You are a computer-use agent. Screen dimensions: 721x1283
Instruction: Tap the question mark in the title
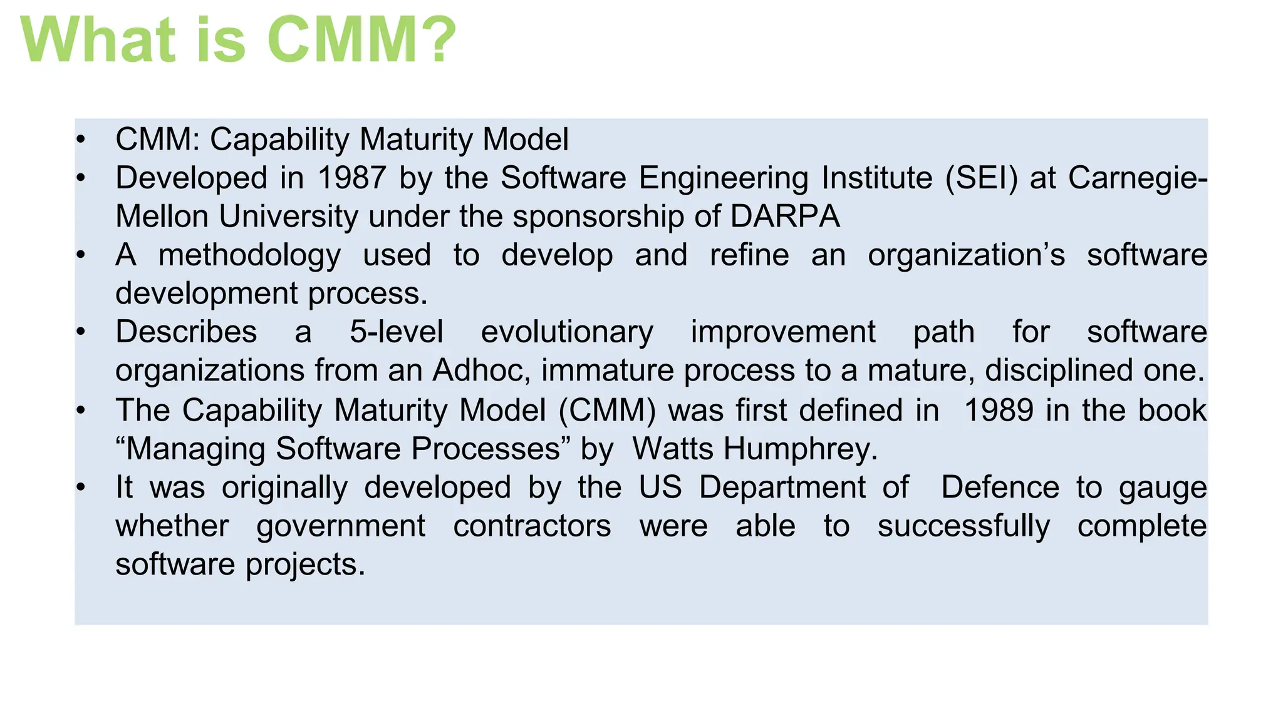435,40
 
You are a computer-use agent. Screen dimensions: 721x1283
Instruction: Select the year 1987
351,178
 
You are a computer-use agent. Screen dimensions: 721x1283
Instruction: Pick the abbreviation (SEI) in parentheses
982,178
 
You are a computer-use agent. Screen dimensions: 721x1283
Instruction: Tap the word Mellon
162,217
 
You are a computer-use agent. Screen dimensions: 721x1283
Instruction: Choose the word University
289,217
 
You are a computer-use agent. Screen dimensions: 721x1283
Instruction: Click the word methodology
249,256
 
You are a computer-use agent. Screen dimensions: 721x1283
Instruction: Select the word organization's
966,255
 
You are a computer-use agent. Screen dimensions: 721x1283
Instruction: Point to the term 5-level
396,332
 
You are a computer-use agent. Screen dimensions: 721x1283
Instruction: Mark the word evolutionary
567,332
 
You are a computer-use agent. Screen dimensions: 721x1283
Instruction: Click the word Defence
1000,487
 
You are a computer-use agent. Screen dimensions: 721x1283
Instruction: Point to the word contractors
532,526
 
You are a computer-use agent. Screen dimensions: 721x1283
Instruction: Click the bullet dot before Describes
80,332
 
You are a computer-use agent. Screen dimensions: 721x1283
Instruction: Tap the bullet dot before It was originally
80,487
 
